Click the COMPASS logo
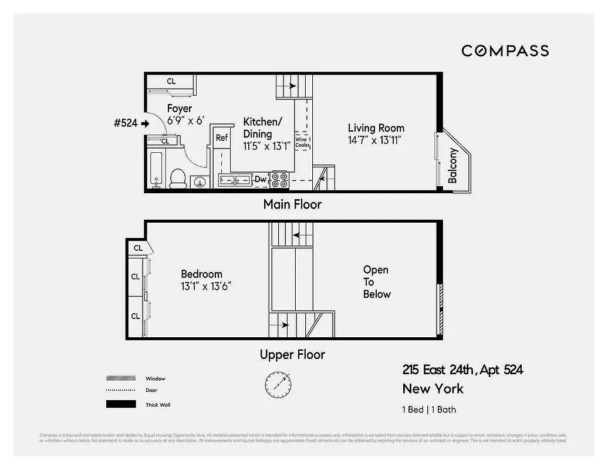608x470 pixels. (505, 51)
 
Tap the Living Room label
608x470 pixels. (376, 128)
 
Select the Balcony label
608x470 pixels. (453, 166)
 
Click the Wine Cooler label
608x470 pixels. (302, 142)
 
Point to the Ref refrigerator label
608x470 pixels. (221, 138)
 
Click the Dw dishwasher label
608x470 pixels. (261, 179)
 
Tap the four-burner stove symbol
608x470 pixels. (279, 179)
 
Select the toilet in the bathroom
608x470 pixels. (178, 179)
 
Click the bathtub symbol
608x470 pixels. (156, 170)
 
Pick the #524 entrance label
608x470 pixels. (126, 123)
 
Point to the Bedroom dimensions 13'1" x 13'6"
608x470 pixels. (206, 286)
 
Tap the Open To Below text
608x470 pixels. (376, 282)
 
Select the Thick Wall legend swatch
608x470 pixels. (120, 404)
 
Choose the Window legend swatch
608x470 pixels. (120, 378)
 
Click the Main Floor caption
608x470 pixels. (292, 204)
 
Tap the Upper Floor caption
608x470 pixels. (292, 355)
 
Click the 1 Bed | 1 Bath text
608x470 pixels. (429, 409)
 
